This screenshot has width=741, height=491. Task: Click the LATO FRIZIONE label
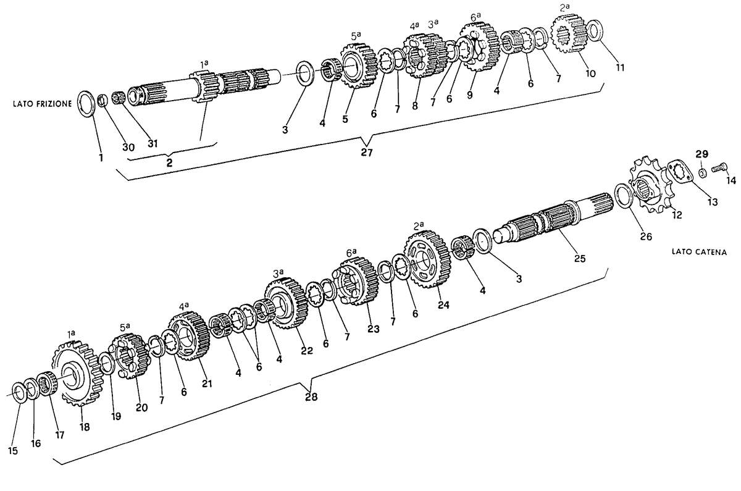point(42,104)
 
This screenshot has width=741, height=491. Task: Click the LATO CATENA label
point(699,252)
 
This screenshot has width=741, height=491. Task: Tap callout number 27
point(367,153)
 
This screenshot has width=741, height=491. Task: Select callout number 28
point(311,397)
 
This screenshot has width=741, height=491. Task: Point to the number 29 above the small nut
point(701,154)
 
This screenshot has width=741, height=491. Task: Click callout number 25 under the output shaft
point(580,258)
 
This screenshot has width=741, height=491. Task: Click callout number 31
point(153,143)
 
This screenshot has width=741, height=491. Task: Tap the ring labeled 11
point(595,31)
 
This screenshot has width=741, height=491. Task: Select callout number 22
point(307,350)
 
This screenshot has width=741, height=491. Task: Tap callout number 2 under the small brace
point(169,163)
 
